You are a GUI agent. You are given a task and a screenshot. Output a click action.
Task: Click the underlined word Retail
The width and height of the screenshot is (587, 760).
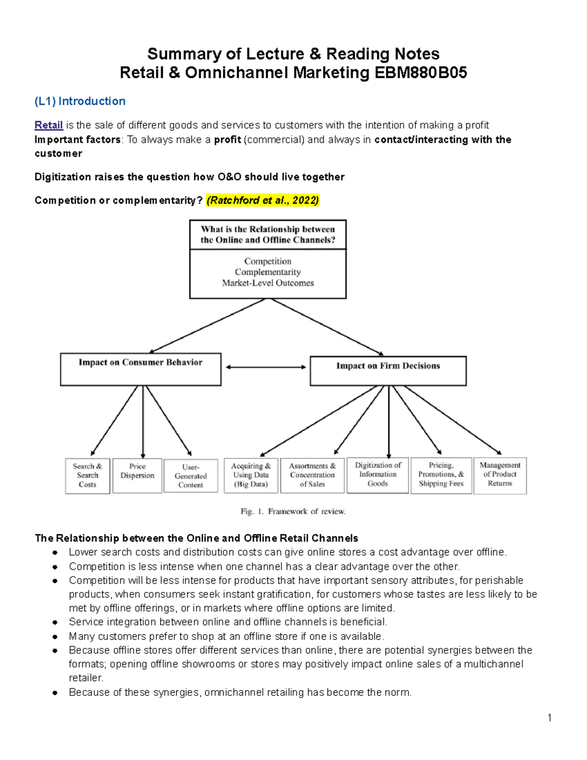(x=48, y=125)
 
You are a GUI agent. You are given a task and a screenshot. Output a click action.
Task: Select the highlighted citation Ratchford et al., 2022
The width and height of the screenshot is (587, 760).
(x=263, y=200)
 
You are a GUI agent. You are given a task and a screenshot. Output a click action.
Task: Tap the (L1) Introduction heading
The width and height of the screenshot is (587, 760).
(x=80, y=101)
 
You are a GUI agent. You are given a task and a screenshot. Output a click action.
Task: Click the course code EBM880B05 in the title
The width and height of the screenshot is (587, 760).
(x=420, y=73)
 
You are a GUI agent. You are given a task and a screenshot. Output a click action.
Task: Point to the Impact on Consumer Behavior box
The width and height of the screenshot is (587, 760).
(x=140, y=369)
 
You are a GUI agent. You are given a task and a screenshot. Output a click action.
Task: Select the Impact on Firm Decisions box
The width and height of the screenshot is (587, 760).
(x=388, y=370)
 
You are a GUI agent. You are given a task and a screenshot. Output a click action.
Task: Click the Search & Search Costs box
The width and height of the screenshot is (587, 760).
(x=88, y=475)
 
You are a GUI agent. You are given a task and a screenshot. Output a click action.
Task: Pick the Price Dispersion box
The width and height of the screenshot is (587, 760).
(x=137, y=475)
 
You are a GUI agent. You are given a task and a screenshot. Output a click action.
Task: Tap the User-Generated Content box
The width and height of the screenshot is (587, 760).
(x=191, y=476)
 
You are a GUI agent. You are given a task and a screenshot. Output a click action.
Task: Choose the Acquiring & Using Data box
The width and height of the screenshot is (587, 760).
(x=251, y=475)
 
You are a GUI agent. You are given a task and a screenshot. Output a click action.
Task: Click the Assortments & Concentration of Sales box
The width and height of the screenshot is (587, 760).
(x=312, y=475)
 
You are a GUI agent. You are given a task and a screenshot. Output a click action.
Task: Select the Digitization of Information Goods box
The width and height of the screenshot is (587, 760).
(x=378, y=475)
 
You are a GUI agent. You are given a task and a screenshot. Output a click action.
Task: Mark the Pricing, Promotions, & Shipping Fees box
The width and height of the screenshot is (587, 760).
(x=441, y=475)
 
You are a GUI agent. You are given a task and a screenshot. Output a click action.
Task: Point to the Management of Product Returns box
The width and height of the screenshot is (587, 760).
(x=500, y=475)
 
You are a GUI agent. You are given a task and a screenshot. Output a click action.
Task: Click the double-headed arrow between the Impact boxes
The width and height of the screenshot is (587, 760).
(x=266, y=367)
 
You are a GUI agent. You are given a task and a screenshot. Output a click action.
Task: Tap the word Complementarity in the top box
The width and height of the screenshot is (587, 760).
(x=268, y=272)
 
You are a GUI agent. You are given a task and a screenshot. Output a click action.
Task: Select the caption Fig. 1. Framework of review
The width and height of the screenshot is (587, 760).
(x=293, y=511)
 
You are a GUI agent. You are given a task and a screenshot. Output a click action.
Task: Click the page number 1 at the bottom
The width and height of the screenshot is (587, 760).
(x=549, y=718)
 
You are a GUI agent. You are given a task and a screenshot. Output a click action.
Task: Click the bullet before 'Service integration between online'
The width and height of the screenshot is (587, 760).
(x=55, y=622)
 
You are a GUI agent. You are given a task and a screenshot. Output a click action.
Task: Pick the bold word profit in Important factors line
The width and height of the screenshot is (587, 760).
(x=227, y=140)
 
